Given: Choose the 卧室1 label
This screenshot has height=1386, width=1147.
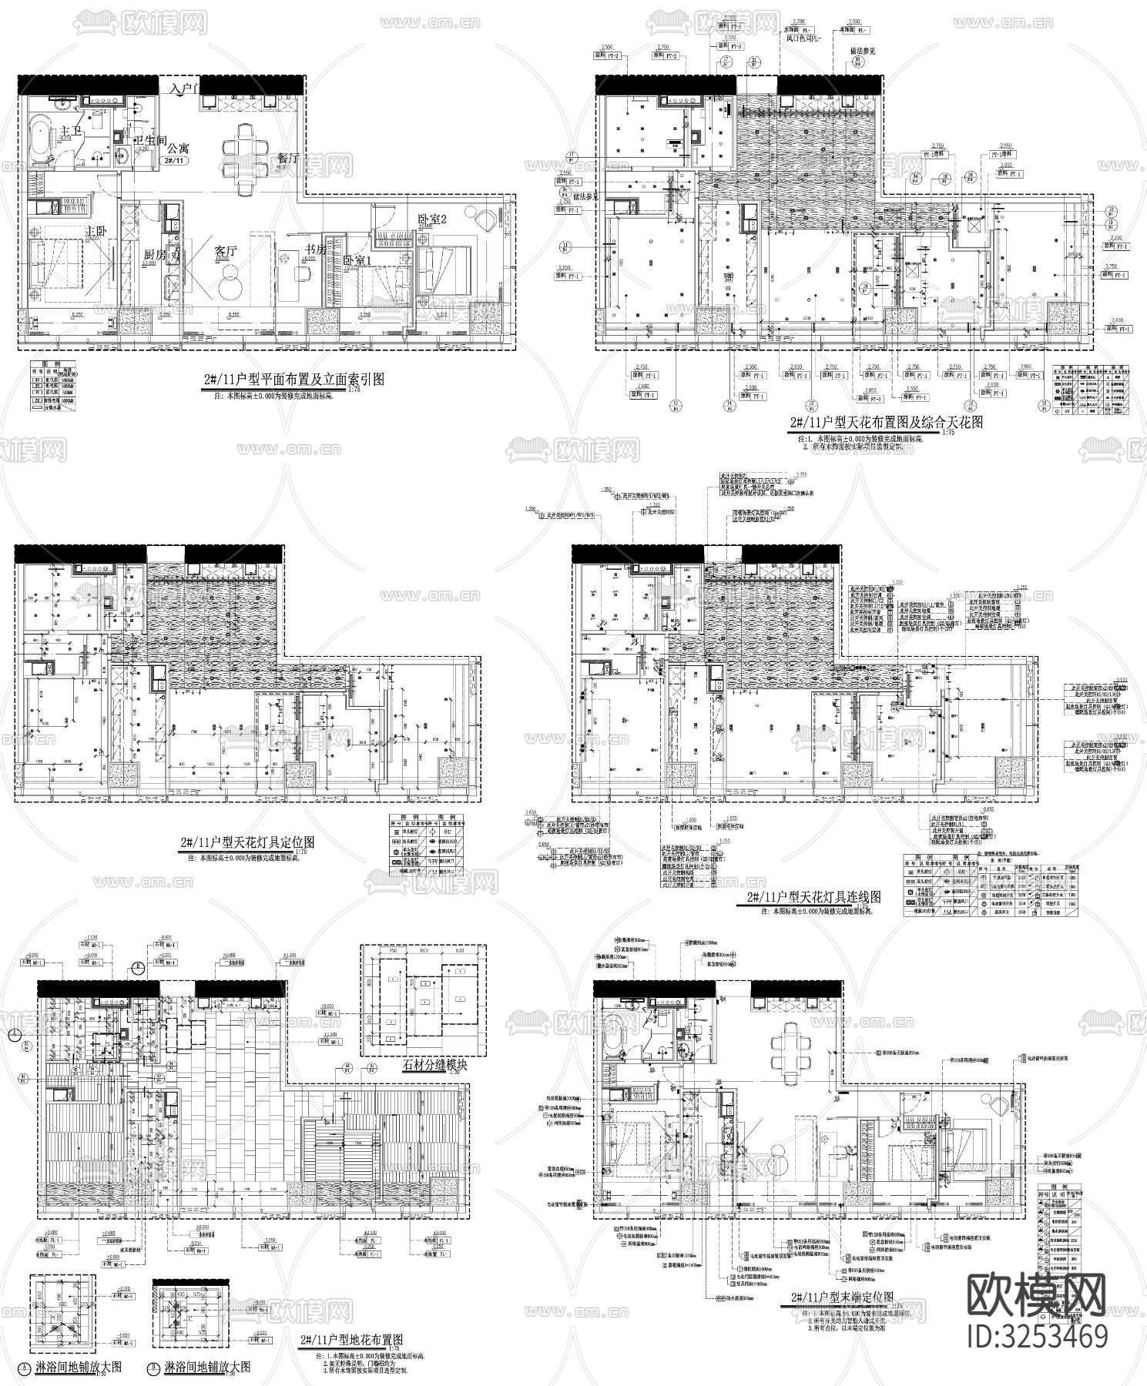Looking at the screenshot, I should tap(357, 260).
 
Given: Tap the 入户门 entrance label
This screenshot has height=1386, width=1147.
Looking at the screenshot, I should tap(186, 89).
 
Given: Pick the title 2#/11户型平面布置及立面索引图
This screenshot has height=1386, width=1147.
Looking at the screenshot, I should tap(289, 379).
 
